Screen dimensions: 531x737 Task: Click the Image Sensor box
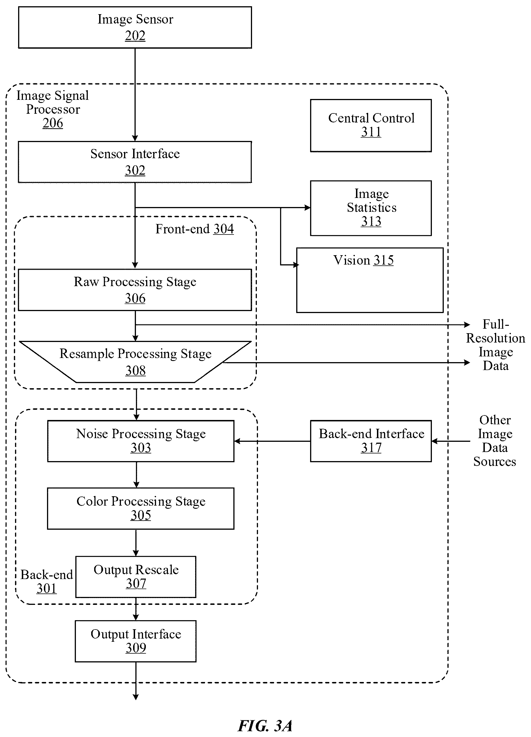pos(135,28)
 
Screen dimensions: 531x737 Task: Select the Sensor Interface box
pos(135,162)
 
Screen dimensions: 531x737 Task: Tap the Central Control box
pos(371,125)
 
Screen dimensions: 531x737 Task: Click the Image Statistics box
pos(371,208)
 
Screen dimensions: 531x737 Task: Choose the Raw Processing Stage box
pos(135,290)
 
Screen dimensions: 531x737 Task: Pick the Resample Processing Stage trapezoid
pos(135,362)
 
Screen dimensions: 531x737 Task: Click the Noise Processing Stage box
pos(140,441)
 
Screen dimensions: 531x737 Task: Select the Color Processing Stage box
pos(140,508)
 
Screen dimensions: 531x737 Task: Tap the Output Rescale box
pos(136,577)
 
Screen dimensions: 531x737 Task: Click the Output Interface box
pos(136,641)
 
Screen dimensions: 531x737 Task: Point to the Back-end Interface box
pos(371,441)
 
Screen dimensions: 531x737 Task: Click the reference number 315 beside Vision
pos(383,260)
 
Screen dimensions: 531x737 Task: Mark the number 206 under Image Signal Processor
pos(53,123)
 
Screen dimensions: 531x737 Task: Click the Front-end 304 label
pos(195,229)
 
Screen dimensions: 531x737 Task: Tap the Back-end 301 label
pos(47,581)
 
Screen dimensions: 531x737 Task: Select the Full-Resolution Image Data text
pos(496,345)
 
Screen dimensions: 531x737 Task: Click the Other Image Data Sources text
pos(495,441)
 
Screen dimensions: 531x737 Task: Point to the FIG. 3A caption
pos(265,726)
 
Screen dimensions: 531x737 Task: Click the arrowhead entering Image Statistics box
pos(307,207)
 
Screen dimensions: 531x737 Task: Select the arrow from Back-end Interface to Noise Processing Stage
pos(272,441)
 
